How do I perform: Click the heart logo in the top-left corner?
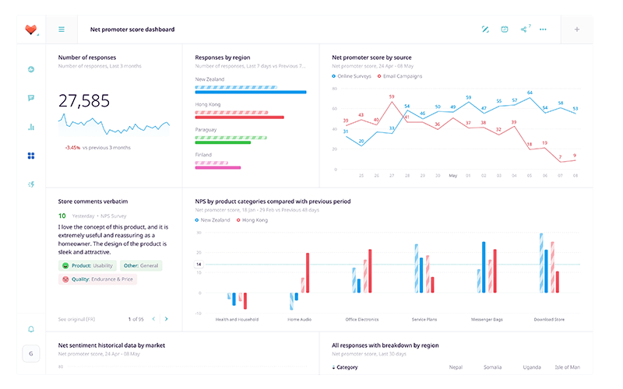(x=30, y=30)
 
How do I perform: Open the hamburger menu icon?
(x=62, y=30)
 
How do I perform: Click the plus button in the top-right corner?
(x=577, y=30)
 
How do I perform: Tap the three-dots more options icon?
(x=543, y=30)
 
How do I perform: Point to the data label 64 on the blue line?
(x=530, y=93)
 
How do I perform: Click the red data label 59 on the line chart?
(x=391, y=97)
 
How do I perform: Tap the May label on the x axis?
(x=452, y=176)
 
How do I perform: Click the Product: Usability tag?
(x=87, y=265)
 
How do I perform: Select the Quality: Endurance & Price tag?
(x=97, y=279)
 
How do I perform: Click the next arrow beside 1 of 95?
(x=166, y=319)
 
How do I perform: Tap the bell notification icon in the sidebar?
(x=31, y=329)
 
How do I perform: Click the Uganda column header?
(x=532, y=367)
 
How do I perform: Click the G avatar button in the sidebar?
(x=31, y=353)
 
